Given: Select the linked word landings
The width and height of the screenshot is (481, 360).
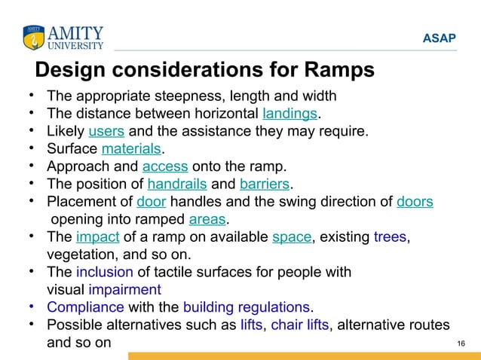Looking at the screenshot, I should coord(290,114).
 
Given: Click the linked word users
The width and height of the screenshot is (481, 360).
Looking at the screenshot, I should coord(101,132).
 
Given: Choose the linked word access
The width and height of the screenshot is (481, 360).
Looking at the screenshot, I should coord(165,166).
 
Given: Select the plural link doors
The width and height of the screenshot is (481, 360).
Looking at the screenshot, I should coord(415,202).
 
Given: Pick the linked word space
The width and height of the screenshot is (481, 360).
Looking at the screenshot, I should coord(291,237).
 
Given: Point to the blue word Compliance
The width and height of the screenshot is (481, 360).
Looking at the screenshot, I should coord(85,307).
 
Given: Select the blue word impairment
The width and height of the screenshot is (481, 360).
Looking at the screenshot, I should coord(124,289).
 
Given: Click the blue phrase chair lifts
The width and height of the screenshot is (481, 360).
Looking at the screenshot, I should coord(299,325).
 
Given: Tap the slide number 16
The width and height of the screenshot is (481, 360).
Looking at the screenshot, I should coord(461,344).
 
